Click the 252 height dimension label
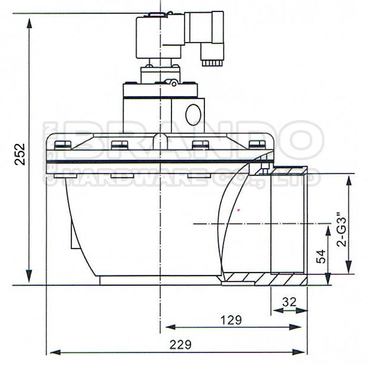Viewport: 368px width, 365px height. click(20, 154)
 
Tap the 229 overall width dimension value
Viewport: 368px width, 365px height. click(180, 345)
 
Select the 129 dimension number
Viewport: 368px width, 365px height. click(231, 320)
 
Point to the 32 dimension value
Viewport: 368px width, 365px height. click(289, 302)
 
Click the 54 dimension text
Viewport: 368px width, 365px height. click(321, 256)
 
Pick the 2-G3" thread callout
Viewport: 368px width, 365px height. click(342, 229)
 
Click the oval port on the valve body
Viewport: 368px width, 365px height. click(193, 115)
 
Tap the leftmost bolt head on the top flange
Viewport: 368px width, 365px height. click(63, 145)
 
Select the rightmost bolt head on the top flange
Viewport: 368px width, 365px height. click(257, 144)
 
